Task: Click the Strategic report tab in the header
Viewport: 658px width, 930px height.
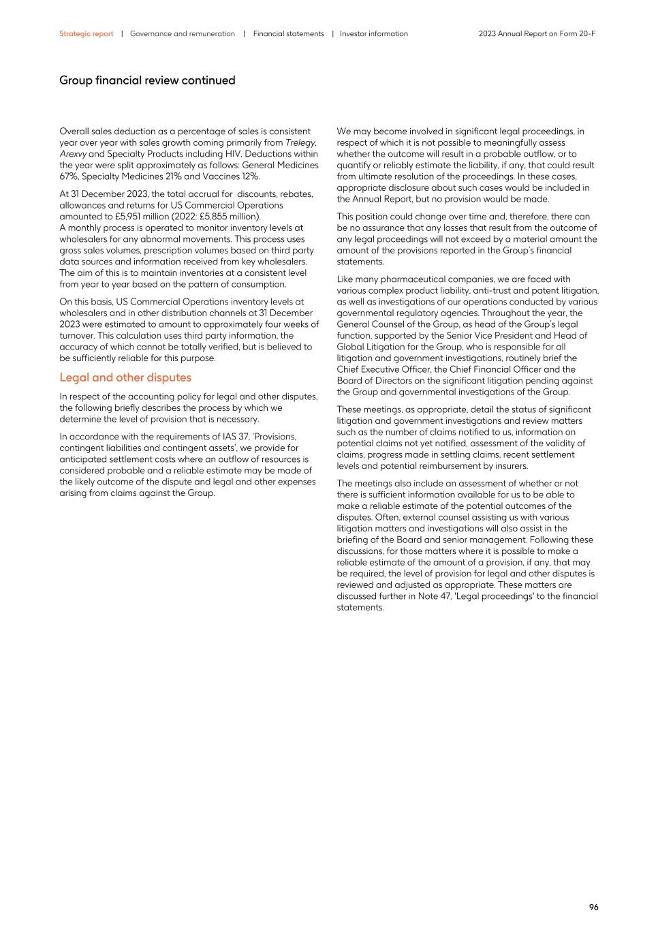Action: click(86, 33)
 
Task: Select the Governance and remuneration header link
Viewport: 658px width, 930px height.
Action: click(182, 33)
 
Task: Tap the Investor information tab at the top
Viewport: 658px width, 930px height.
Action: click(373, 33)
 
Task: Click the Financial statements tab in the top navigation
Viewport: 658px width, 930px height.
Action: click(288, 33)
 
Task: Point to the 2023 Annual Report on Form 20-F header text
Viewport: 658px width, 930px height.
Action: click(537, 33)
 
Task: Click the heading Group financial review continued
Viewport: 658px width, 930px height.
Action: click(147, 80)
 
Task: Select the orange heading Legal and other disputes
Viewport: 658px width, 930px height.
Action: click(125, 377)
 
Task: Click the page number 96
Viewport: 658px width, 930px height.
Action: click(593, 907)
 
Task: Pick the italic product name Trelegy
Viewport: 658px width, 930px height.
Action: click(300, 142)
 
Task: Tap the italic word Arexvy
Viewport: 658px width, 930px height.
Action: click(73, 154)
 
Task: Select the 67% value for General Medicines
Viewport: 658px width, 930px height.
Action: click(69, 176)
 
